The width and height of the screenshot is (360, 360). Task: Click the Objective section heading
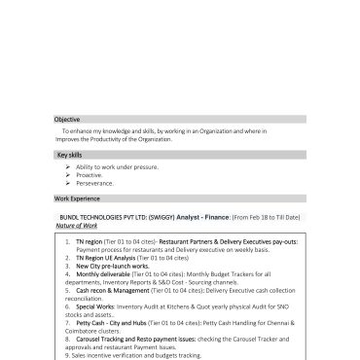pyautogui.click(x=67, y=119)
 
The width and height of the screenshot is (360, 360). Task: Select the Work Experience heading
pyautogui.click(x=76, y=198)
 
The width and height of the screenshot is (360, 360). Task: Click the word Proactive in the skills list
pyautogui.click(x=89, y=176)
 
